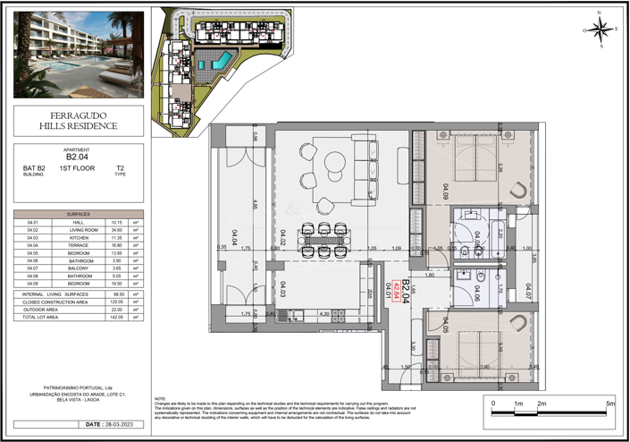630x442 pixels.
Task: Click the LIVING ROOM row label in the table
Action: (83, 230)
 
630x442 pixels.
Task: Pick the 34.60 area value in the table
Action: (116, 230)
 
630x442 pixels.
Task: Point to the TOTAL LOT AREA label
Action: (42, 318)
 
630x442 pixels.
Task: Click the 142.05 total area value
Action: (116, 318)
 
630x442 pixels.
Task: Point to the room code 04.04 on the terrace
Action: (234, 238)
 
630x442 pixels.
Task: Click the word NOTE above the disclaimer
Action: (161, 398)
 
